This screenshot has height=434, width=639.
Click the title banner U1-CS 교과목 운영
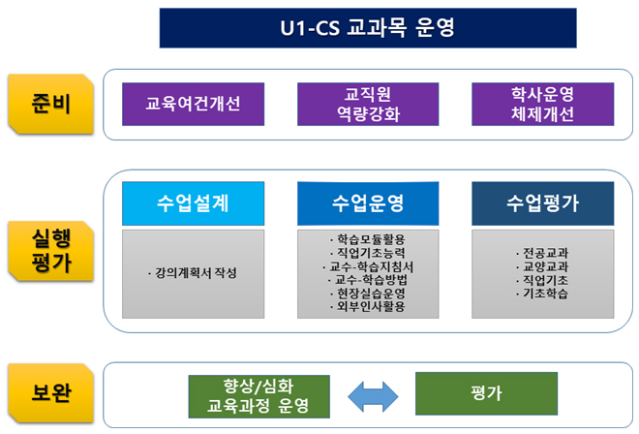click(x=368, y=28)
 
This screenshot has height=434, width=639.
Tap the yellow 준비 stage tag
click(x=51, y=104)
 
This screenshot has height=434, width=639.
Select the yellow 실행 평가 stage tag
click(x=51, y=251)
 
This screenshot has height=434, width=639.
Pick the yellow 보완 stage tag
click(x=51, y=392)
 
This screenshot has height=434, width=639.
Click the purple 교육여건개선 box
click(x=194, y=104)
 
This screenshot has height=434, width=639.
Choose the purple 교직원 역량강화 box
click(x=368, y=104)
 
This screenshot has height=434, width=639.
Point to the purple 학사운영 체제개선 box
click(x=543, y=104)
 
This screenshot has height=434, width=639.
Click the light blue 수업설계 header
click(x=194, y=203)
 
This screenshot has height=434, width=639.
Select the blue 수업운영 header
click(x=368, y=203)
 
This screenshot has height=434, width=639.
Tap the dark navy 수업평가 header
click(x=543, y=203)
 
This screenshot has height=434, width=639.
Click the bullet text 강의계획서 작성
click(x=193, y=273)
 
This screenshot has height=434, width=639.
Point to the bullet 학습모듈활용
click(x=368, y=239)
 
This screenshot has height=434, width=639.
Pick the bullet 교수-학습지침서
click(x=368, y=266)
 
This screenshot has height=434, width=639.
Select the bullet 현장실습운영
click(x=368, y=294)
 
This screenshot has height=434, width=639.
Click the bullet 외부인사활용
click(x=368, y=306)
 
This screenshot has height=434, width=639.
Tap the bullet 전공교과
click(x=542, y=253)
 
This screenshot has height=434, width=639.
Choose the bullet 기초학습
click(x=542, y=294)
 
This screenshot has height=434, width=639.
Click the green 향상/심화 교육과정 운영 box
click(x=259, y=396)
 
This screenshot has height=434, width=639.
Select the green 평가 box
click(x=487, y=393)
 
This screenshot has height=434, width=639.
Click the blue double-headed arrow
click(x=373, y=396)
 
